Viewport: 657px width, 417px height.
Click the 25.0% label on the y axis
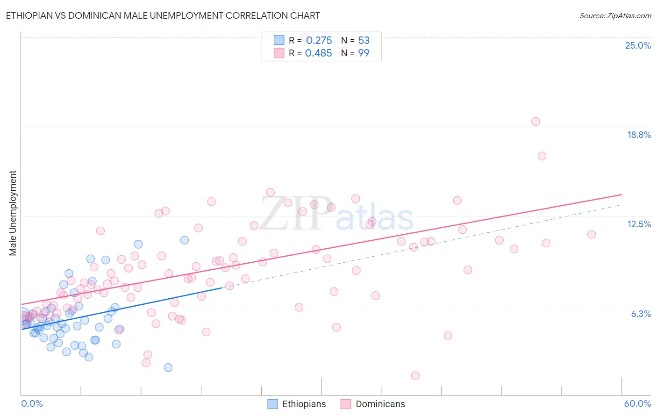click(638, 45)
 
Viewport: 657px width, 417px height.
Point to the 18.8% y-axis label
click(639, 135)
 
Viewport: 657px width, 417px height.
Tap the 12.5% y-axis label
click(639, 224)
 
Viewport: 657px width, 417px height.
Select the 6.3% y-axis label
click(641, 314)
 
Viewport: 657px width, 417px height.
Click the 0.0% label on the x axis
click(32, 403)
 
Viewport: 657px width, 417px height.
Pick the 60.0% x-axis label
click(637, 403)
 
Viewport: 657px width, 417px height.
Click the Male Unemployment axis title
click(13, 213)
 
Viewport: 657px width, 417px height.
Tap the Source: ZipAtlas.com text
click(615, 15)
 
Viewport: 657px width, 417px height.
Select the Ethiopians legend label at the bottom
click(304, 404)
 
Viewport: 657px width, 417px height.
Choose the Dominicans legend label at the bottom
click(380, 404)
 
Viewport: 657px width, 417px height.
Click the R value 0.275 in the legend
click(319, 40)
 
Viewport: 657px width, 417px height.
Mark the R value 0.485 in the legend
click(318, 53)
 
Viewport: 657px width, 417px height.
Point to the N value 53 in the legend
click(364, 40)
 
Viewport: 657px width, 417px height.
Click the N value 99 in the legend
click(364, 53)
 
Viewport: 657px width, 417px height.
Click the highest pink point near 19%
click(536, 122)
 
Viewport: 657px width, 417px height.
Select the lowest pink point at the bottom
click(415, 375)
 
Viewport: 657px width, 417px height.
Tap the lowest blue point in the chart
click(168, 367)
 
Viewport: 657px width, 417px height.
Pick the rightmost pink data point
click(592, 234)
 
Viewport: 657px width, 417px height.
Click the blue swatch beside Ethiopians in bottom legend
click(272, 404)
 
